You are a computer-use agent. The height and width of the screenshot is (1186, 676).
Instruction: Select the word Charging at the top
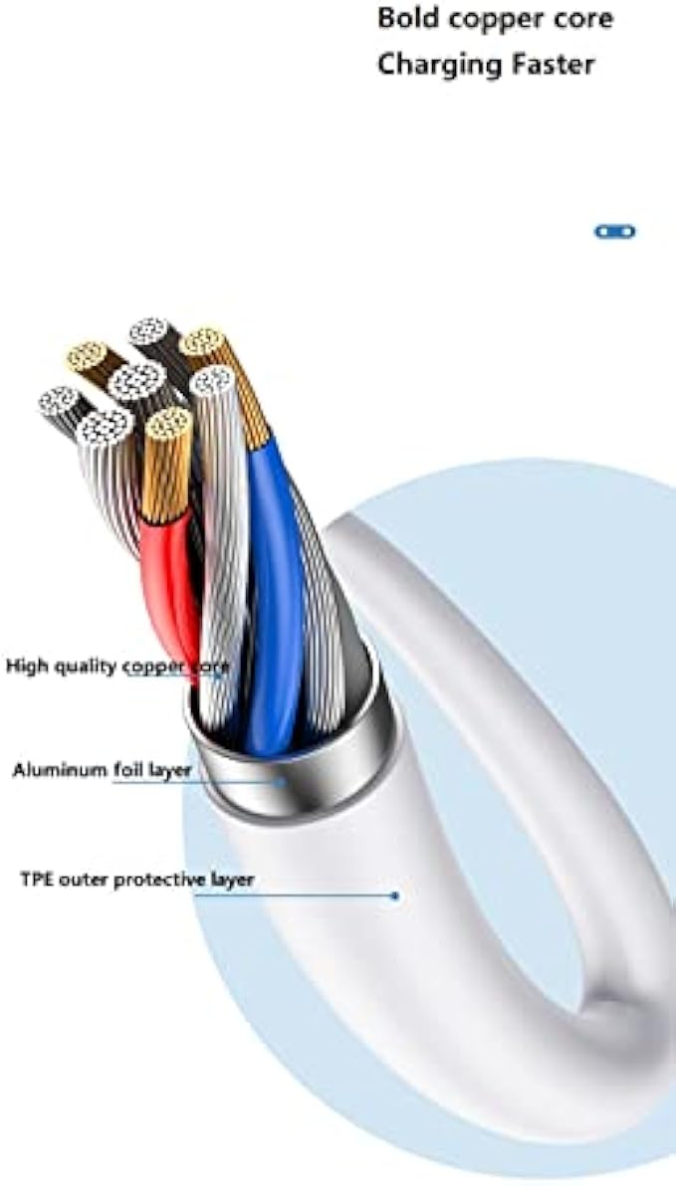(x=439, y=66)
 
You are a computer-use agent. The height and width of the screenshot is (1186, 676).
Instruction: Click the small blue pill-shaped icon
(x=614, y=232)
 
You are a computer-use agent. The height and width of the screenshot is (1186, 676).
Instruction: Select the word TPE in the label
(x=36, y=880)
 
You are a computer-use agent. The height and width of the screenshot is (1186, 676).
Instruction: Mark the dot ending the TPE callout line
(x=395, y=895)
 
